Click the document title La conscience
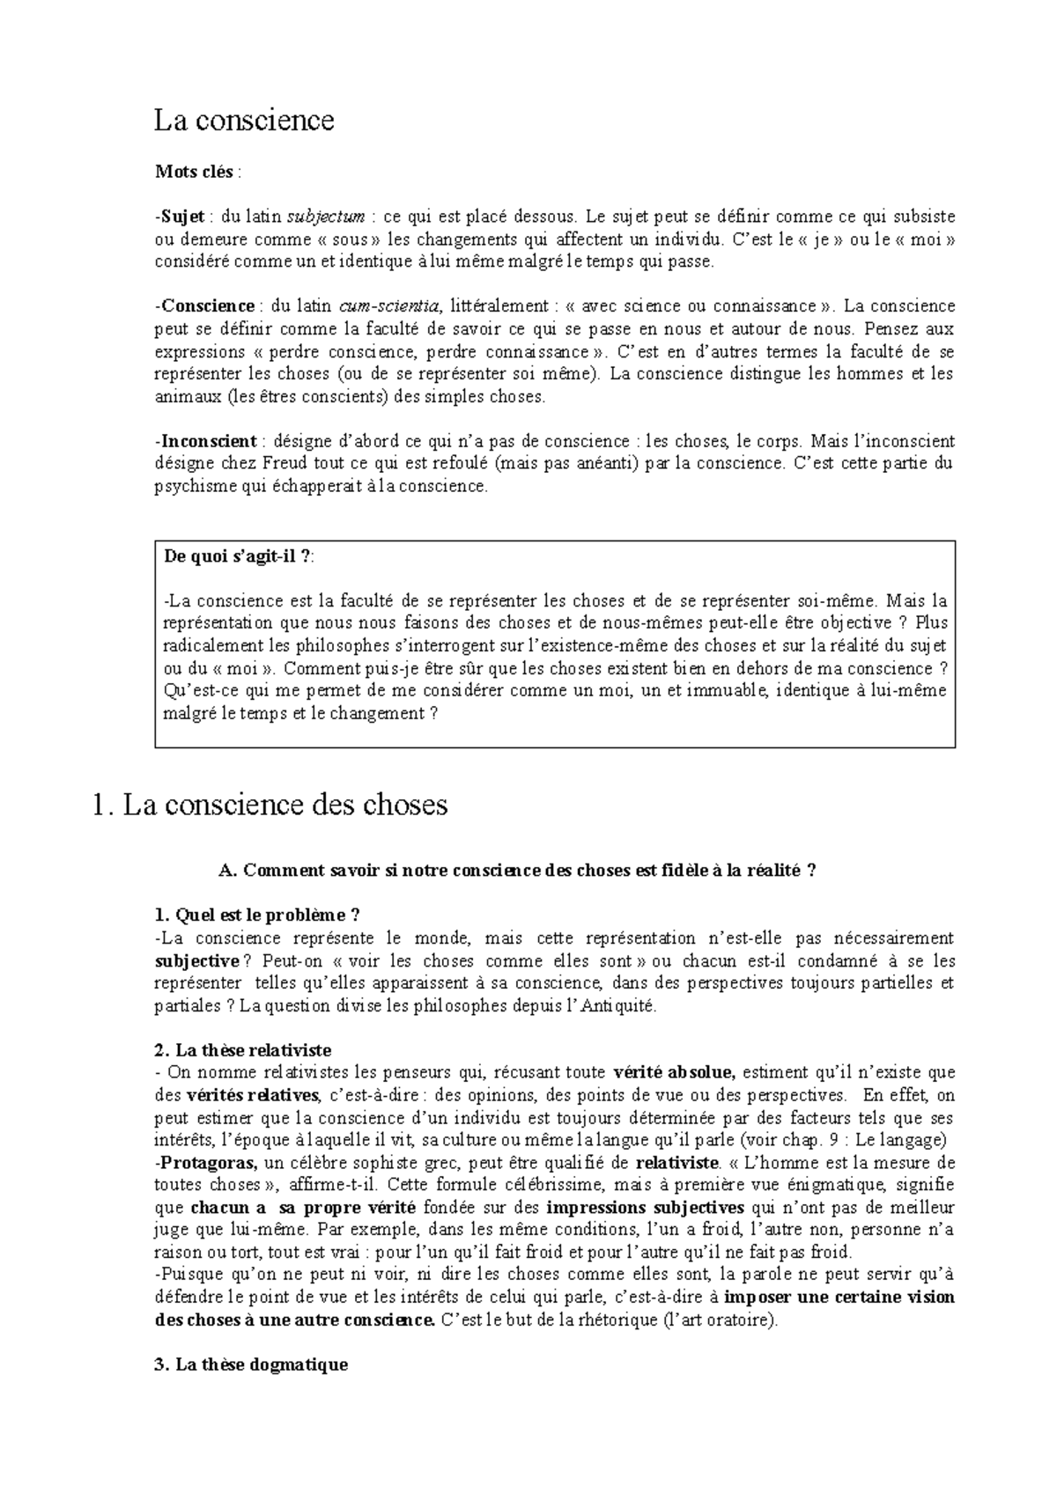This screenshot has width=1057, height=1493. [x=244, y=120]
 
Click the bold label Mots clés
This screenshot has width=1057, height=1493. [x=194, y=173]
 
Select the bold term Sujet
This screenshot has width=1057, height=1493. [x=182, y=217]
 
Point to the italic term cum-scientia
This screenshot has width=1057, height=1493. [x=389, y=306]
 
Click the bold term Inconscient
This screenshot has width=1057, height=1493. [x=209, y=441]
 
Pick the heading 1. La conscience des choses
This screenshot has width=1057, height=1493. [x=270, y=804]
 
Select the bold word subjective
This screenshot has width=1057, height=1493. [x=196, y=961]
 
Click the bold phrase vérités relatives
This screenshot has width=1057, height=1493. [x=254, y=1096]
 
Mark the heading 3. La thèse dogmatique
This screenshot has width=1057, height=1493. [x=251, y=1364]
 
